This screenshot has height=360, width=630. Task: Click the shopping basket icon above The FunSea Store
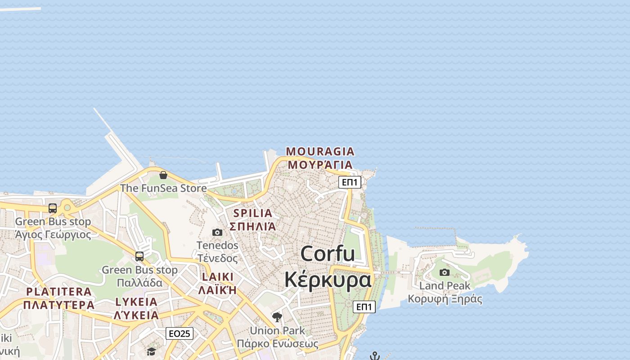click(x=163, y=175)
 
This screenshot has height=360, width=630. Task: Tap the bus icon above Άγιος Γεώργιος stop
click(x=53, y=208)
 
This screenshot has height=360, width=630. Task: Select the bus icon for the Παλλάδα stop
click(x=139, y=256)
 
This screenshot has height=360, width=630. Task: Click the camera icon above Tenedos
click(x=217, y=232)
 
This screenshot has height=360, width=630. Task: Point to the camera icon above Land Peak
click(x=445, y=272)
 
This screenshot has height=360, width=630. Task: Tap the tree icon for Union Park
click(x=277, y=317)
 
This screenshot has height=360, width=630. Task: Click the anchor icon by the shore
click(x=375, y=356)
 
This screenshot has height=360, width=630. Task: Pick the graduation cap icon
click(x=151, y=351)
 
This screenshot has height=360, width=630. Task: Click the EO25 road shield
click(x=180, y=333)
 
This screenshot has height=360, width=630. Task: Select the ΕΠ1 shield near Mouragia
click(x=350, y=182)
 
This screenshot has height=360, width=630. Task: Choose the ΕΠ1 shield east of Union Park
click(x=364, y=307)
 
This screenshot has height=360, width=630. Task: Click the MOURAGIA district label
click(x=320, y=151)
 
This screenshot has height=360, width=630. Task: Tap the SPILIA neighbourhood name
click(x=253, y=213)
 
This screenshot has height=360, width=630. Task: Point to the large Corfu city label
click(x=328, y=254)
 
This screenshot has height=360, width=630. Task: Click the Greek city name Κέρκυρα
click(x=328, y=279)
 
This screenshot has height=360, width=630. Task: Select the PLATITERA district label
click(x=58, y=292)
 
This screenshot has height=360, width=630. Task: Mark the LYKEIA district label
click(x=136, y=302)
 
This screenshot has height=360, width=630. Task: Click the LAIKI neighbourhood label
click(x=218, y=277)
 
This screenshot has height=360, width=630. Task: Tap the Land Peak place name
click(x=445, y=286)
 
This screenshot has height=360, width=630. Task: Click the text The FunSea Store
click(x=163, y=188)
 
